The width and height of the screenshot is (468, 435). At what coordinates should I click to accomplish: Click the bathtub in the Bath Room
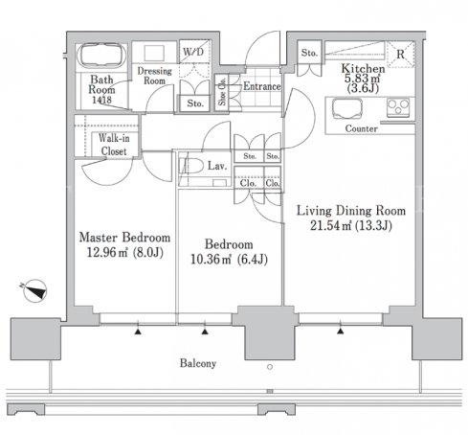pos(101,56)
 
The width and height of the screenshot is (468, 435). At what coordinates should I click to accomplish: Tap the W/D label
pos(193,52)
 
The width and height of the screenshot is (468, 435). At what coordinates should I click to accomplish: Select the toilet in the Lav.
pos(192,167)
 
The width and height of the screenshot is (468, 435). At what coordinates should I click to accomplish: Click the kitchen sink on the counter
pos(347,109)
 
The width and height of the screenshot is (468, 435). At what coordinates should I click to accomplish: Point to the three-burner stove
pos(398,107)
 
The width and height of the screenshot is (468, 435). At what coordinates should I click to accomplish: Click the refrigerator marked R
pos(401,55)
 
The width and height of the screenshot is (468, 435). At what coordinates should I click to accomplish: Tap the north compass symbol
pos(35,291)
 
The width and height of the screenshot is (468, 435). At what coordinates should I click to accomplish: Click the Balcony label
pos(198,363)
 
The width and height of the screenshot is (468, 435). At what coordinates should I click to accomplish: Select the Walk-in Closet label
pos(114,145)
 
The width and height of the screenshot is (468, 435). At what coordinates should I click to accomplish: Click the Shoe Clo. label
pos(222,92)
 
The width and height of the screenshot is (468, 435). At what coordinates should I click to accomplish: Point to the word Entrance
pos(262,86)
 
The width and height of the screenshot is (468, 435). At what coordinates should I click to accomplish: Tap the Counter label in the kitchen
pos(362,128)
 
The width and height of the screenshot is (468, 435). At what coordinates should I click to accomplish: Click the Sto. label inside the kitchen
pos(309,53)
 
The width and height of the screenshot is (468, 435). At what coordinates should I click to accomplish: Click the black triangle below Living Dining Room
pos(341,332)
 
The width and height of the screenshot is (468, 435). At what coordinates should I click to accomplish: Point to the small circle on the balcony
pos(270,367)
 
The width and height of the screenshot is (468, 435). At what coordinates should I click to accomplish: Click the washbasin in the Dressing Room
pos(154,53)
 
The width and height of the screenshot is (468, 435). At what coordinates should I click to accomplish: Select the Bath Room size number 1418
pos(101,100)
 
